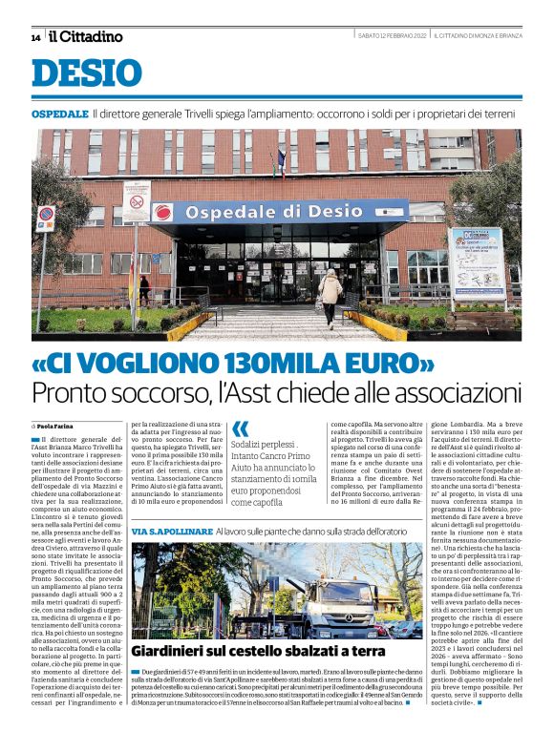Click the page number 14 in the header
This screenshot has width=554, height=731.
click(x=35, y=37)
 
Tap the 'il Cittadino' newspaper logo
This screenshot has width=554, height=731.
click(x=86, y=36)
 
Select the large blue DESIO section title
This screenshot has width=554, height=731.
click(x=87, y=73)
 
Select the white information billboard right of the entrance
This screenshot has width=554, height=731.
click(x=475, y=261)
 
